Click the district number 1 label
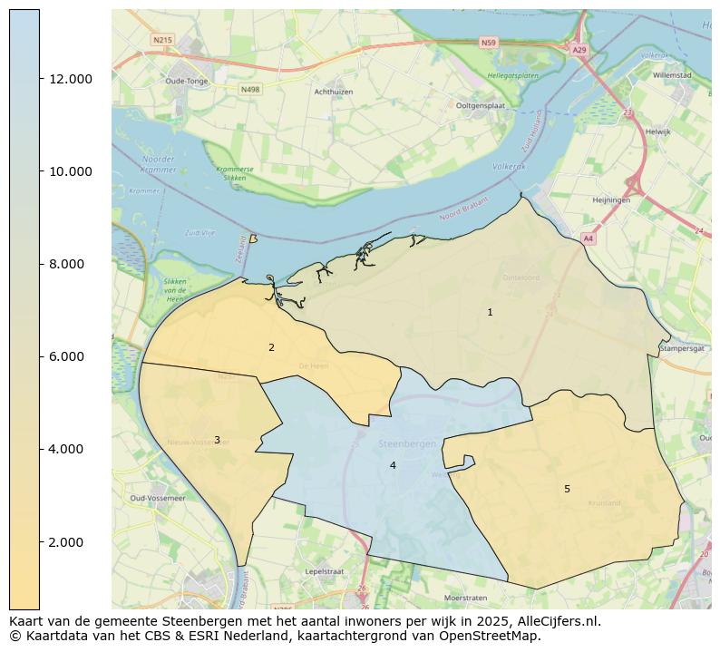(490, 312)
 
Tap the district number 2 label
(271, 347)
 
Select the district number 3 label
(217, 440)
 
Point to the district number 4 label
(393, 465)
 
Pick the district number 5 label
(567, 489)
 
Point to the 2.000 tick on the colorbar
(69, 542)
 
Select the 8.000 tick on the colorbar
(69, 264)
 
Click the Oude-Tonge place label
(188, 81)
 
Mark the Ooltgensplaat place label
(481, 105)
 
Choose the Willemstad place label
(671, 75)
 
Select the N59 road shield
(489, 43)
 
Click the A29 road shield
(579, 50)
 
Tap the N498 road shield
(250, 89)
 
